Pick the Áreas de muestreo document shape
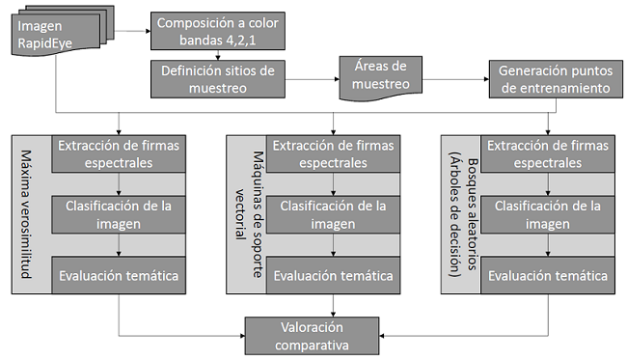coord(374,75)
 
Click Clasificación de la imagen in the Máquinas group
coord(333,214)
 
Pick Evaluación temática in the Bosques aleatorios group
coord(549,276)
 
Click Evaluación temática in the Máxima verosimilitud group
coord(119,276)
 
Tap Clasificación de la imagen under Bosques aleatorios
coord(549,214)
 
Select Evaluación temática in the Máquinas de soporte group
coord(333,276)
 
